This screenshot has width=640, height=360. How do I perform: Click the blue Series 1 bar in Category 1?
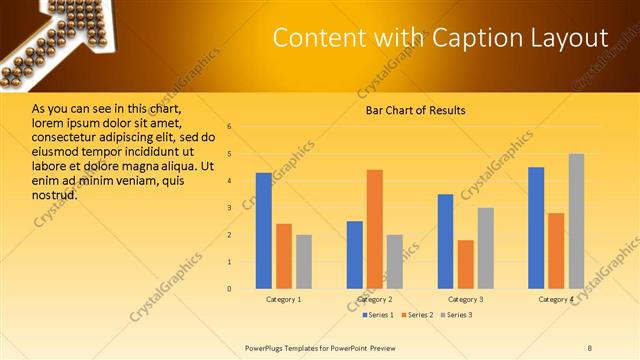pyautogui.click(x=264, y=231)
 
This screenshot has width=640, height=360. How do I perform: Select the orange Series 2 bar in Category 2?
pyautogui.click(x=374, y=229)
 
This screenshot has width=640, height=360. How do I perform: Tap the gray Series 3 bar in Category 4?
pyautogui.click(x=576, y=221)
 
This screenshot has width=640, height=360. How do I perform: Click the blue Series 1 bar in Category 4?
pyautogui.click(x=536, y=228)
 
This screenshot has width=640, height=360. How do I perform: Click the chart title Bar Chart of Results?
pyautogui.click(x=415, y=110)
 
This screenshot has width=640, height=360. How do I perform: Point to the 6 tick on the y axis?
pyautogui.click(x=229, y=127)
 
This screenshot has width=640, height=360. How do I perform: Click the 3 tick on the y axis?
pyautogui.click(x=229, y=208)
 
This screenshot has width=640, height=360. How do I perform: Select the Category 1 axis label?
pyautogui.click(x=284, y=300)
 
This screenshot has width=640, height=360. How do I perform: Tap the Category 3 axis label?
pyautogui.click(x=466, y=300)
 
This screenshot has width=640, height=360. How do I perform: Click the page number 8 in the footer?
pyautogui.click(x=590, y=346)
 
